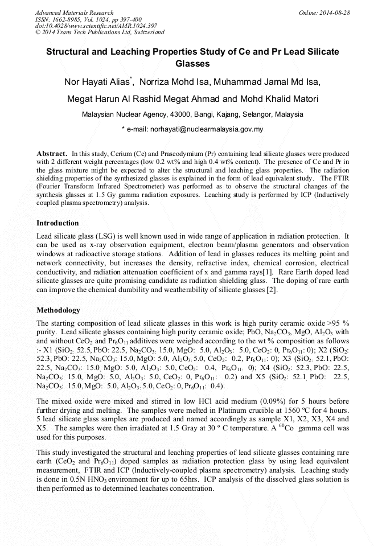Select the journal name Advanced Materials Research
point(74,13)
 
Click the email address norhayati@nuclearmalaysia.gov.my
point(207,129)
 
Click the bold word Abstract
point(52,154)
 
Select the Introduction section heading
point(58,223)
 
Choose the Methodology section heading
point(58,310)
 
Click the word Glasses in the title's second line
point(192,63)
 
